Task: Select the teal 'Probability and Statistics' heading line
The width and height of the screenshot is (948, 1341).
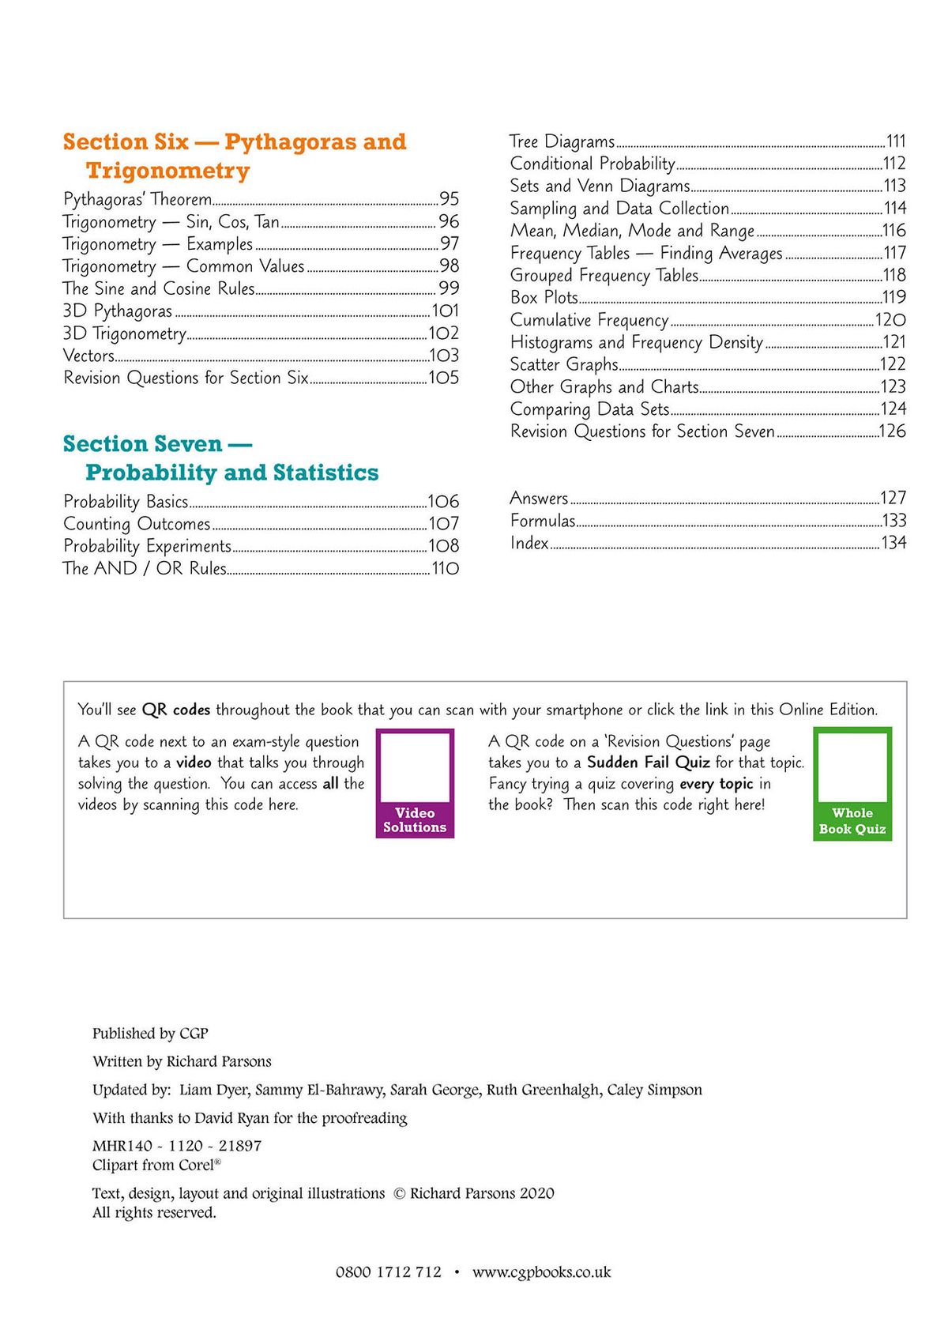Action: [x=231, y=473]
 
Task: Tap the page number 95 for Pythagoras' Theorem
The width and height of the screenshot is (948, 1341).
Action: [x=449, y=199]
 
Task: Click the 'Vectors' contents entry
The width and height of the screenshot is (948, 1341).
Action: [x=89, y=356]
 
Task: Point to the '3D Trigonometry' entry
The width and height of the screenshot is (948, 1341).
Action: [x=125, y=333]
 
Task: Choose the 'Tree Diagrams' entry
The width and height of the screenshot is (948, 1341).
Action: [x=562, y=141]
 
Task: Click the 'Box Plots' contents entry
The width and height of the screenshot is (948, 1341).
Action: [x=544, y=298]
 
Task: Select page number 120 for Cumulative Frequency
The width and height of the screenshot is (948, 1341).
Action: [x=890, y=320]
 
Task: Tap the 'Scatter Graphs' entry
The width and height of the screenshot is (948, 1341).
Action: [x=564, y=364]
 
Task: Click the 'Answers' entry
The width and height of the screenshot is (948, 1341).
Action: [x=539, y=498]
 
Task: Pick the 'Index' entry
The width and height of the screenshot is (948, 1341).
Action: [x=529, y=543]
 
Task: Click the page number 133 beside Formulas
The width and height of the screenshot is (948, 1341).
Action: [x=894, y=521]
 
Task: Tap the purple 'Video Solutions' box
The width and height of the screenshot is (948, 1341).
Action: [x=415, y=783]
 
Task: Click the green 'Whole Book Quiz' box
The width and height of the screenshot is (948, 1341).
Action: [x=852, y=784]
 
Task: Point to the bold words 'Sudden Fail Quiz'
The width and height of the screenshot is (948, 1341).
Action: [x=648, y=763]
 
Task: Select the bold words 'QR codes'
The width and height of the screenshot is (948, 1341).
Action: [x=176, y=710]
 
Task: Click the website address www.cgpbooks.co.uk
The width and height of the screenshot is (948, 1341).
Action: [x=542, y=1272]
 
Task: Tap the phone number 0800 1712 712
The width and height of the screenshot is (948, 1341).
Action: [x=389, y=1272]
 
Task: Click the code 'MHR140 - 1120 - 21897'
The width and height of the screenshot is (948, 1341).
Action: [x=177, y=1146]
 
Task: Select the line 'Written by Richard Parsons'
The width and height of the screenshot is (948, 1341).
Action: [x=182, y=1061]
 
